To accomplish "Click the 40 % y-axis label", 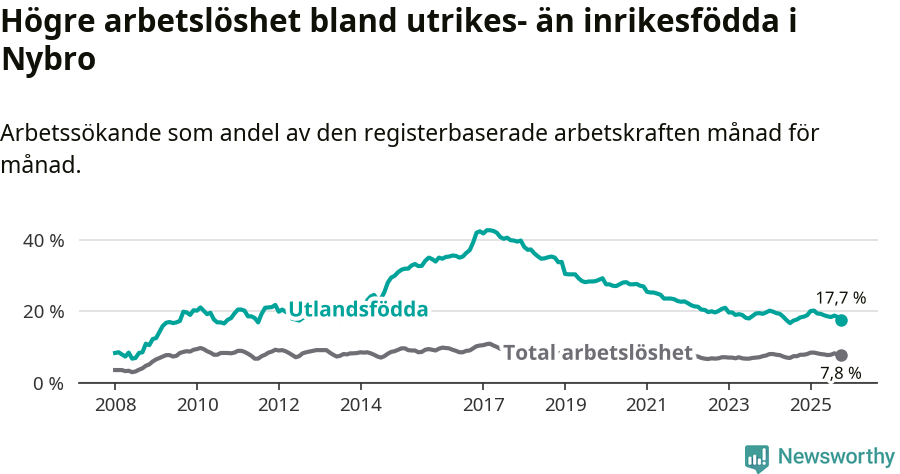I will tap(43, 241).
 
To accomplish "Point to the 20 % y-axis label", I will tap(43, 312).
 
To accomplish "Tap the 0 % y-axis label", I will tap(47, 383).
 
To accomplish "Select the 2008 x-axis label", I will tap(115, 406).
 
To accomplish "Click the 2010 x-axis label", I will tap(197, 406).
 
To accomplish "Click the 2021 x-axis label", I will tap(647, 406).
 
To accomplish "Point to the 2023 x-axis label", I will tap(728, 406).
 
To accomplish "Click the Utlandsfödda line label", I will tap(358, 310).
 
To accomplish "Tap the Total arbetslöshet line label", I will tap(597, 352).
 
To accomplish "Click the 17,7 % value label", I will tap(840, 298).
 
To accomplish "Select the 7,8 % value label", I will tap(840, 374).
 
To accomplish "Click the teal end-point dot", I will tap(842, 320).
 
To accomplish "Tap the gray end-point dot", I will tap(842, 355).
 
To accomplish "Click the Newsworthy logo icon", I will tap(757, 457).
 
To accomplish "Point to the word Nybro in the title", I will tap(49, 60).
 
